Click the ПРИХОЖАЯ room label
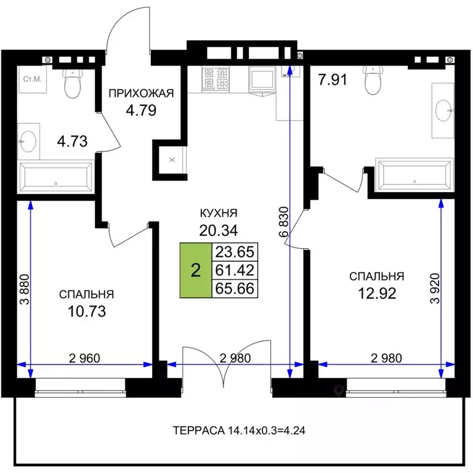[141, 93]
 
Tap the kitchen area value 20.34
[219, 230]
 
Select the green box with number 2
[196, 270]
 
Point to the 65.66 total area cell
[235, 289]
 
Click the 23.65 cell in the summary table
[235, 251]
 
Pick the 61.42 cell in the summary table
[235, 270]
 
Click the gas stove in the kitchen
[216, 78]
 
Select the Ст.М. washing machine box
[33, 79]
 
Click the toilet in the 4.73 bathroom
[73, 83]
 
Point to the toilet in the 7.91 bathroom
[373, 79]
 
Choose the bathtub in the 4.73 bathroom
[56, 177]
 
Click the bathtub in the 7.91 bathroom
[414, 175]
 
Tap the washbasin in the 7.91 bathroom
[443, 110]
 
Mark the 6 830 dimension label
[283, 222]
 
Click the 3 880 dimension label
[25, 289]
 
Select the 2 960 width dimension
[84, 358]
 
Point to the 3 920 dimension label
[435, 288]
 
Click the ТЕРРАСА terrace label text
[198, 430]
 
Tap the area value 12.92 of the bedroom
[377, 293]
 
